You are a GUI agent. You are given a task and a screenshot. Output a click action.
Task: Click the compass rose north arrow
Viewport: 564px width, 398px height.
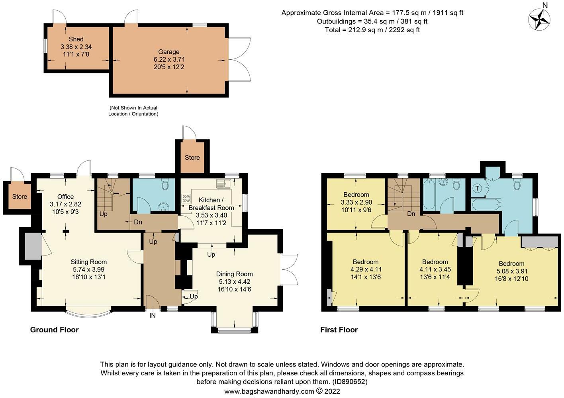(539, 20)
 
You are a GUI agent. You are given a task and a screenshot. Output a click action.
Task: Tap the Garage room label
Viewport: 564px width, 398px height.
(169, 52)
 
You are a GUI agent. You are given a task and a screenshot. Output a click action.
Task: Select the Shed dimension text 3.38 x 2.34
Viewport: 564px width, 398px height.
(76, 47)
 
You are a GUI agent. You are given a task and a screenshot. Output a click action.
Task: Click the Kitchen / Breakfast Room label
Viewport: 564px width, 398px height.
(211, 204)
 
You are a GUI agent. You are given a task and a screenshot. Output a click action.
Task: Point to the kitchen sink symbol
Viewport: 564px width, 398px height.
(223, 183)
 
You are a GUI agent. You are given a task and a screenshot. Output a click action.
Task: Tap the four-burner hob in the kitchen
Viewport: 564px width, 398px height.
(186, 199)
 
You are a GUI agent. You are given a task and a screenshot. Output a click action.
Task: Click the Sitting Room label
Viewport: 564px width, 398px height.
(89, 262)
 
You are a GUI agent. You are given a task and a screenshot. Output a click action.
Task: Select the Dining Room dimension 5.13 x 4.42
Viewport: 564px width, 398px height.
(235, 282)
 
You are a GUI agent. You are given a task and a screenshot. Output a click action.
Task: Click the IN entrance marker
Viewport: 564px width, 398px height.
(153, 316)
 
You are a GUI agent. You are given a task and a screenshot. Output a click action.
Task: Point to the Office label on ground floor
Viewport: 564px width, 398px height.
(65, 197)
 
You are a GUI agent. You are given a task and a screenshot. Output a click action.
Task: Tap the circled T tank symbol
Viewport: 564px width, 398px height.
(477, 188)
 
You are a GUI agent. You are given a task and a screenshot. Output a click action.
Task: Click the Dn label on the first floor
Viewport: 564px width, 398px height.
(411, 214)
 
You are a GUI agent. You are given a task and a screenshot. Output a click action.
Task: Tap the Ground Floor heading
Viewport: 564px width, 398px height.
(55, 330)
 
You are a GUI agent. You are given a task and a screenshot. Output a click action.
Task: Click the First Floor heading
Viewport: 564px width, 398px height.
(339, 330)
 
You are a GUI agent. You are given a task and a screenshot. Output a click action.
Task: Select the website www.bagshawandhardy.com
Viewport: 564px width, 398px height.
(269, 392)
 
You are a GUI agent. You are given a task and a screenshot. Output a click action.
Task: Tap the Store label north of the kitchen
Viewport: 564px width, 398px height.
(192, 158)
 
